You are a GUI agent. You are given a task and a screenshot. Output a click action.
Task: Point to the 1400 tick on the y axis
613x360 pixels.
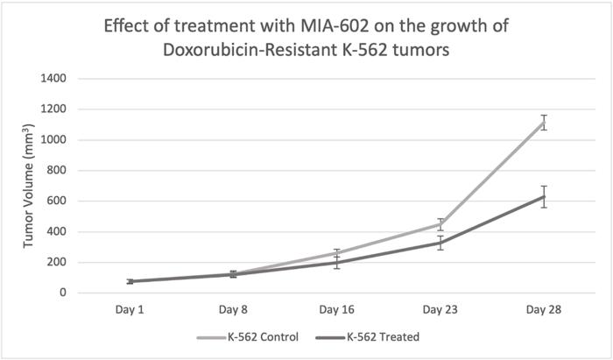56,79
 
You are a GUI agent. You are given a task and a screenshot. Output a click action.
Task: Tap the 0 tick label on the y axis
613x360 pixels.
67,293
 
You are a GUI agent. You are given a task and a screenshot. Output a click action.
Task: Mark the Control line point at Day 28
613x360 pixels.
544,122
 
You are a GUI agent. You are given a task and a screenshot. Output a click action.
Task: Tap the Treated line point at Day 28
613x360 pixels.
544,196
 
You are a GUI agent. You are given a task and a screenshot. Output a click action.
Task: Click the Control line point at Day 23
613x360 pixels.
440,224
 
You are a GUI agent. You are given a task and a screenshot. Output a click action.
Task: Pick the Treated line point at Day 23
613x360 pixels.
440,243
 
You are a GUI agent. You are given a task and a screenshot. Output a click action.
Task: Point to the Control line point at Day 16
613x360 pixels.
337,253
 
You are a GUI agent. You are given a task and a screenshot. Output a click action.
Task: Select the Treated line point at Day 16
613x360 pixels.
337,262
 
